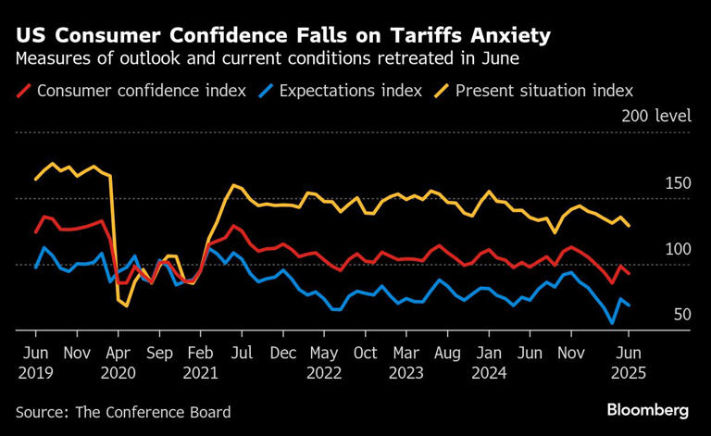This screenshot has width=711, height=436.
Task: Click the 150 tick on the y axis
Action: point(680,183)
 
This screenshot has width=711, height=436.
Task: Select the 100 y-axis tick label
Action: point(680,249)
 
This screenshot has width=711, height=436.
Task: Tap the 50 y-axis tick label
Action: point(683,315)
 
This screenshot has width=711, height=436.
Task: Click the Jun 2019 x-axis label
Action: point(36,362)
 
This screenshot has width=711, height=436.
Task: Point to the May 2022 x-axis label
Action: point(324,362)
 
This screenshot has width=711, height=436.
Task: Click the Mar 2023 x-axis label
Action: point(407,362)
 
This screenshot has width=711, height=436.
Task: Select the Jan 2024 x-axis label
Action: point(491,362)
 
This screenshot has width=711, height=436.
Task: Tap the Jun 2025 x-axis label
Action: point(629,362)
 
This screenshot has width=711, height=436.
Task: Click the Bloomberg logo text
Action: point(648,409)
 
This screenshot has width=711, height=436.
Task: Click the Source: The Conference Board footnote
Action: point(123,412)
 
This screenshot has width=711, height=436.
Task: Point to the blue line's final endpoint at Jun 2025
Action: point(630,305)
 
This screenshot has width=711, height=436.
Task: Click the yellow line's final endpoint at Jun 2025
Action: point(630,226)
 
